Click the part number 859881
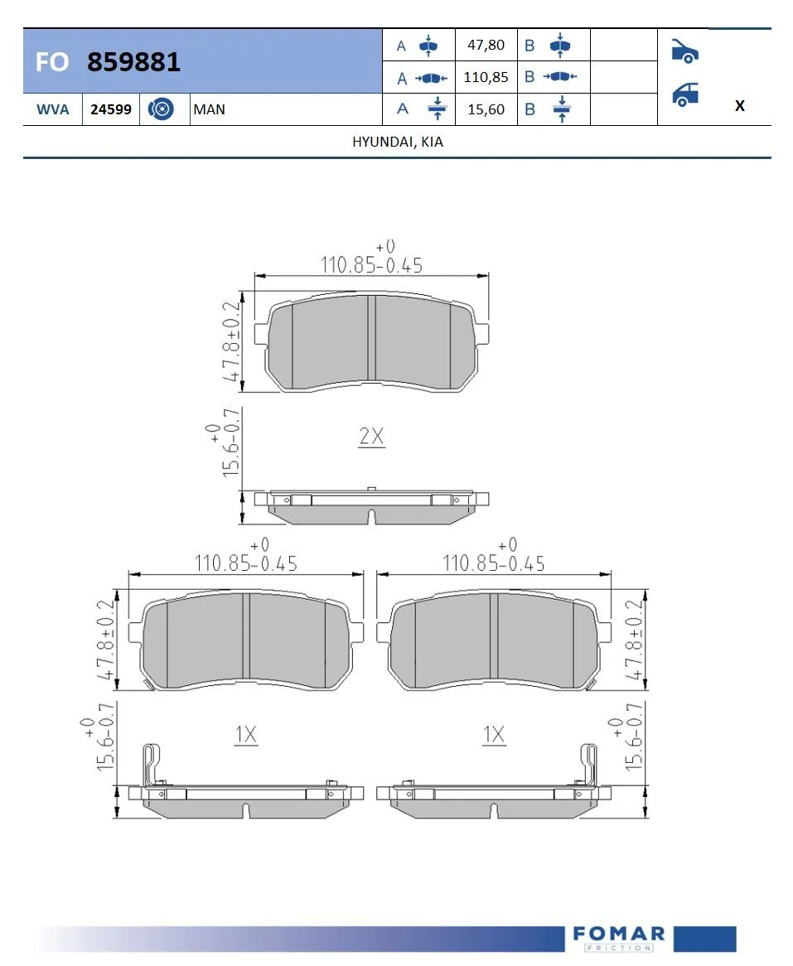point(133,62)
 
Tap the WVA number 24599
point(110,109)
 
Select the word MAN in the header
point(209,109)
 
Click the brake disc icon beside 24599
point(161,109)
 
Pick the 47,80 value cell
point(486,45)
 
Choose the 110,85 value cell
point(486,77)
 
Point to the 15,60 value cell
point(486,109)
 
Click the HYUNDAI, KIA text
point(398,142)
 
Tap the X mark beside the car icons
point(739,106)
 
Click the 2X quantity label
point(371,437)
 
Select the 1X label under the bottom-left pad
point(246,734)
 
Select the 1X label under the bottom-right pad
point(494,734)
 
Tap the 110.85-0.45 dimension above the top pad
point(371,264)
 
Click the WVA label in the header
point(51,109)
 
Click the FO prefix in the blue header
point(51,62)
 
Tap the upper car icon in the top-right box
point(684,51)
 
